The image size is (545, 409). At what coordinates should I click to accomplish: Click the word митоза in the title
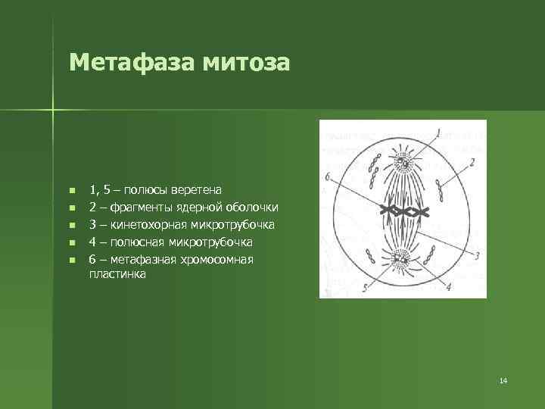(246, 62)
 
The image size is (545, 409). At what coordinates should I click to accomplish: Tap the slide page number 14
(503, 379)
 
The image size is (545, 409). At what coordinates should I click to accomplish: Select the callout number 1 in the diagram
(438, 133)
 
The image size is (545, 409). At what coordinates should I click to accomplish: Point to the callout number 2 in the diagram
(472, 161)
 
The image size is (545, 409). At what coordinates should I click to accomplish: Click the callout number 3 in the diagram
(478, 257)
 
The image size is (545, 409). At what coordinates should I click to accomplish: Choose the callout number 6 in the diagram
(327, 176)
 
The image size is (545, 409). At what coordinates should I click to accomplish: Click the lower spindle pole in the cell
(400, 262)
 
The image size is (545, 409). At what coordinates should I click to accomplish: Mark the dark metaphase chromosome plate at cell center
(401, 211)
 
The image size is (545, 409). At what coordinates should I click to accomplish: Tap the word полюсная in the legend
(135, 242)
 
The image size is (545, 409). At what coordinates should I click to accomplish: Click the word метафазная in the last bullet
(142, 260)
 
